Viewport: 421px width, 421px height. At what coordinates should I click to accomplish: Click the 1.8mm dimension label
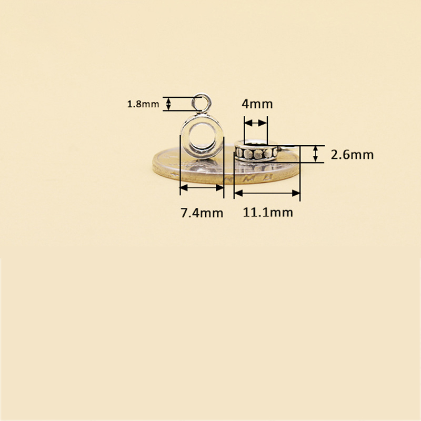pyautogui.click(x=143, y=104)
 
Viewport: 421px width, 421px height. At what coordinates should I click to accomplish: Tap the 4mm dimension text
pyautogui.click(x=257, y=104)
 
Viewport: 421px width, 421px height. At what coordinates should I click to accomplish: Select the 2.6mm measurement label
pyautogui.click(x=352, y=155)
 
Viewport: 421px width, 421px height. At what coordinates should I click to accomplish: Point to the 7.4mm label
pyautogui.click(x=202, y=213)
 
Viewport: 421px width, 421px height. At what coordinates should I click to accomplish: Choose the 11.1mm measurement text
pyautogui.click(x=267, y=213)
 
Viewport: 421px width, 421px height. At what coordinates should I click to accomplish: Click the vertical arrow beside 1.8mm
pyautogui.click(x=168, y=104)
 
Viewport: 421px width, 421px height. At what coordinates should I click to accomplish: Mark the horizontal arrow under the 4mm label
pyautogui.click(x=256, y=123)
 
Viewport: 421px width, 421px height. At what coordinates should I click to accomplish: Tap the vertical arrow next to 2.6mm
pyautogui.click(x=315, y=154)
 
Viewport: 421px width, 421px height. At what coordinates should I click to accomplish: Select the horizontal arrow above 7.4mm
pyautogui.click(x=202, y=187)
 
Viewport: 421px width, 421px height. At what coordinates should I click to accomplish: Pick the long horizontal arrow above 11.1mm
pyautogui.click(x=267, y=193)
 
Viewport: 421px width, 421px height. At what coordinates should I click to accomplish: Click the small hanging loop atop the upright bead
pyautogui.click(x=202, y=101)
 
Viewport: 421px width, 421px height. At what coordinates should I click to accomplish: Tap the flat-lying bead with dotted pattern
pyautogui.click(x=255, y=153)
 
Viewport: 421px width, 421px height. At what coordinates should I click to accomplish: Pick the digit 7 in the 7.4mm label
pyautogui.click(x=184, y=213)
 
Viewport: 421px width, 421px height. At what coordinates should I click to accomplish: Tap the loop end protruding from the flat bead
pyautogui.click(x=283, y=149)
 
